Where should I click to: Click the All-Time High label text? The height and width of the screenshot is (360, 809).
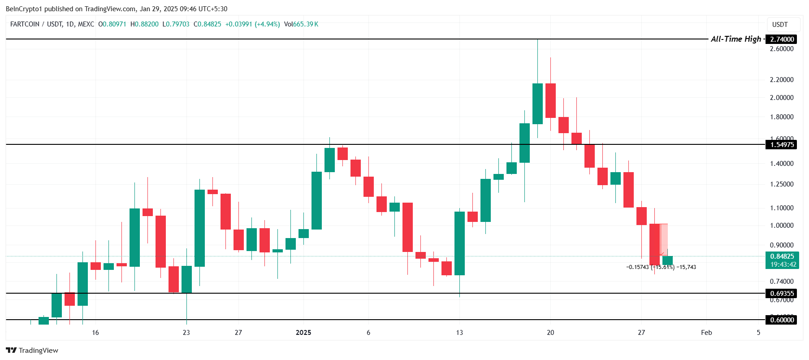click(735, 39)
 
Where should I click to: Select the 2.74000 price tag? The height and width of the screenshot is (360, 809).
click(782, 39)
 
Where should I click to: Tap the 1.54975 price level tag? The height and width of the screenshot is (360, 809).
click(782, 144)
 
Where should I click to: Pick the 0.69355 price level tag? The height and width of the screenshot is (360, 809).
click(782, 294)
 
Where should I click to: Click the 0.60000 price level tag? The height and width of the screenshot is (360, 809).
click(782, 320)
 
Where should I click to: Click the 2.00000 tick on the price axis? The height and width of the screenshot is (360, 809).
click(782, 98)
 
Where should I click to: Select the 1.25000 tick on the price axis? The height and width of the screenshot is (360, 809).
click(782, 184)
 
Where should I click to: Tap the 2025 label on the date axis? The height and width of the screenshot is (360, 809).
click(303, 332)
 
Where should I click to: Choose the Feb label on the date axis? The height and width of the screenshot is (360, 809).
click(706, 332)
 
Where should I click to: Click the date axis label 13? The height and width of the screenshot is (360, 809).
click(459, 332)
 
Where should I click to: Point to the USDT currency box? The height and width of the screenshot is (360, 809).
click(780, 25)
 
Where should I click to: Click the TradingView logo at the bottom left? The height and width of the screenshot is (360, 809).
click(32, 350)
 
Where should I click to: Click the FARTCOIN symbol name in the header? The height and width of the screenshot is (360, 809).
click(25, 24)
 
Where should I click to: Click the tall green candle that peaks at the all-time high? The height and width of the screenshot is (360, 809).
click(537, 104)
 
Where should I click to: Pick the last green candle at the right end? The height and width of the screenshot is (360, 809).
click(667, 260)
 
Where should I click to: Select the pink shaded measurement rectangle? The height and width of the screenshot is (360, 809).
click(664, 239)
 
